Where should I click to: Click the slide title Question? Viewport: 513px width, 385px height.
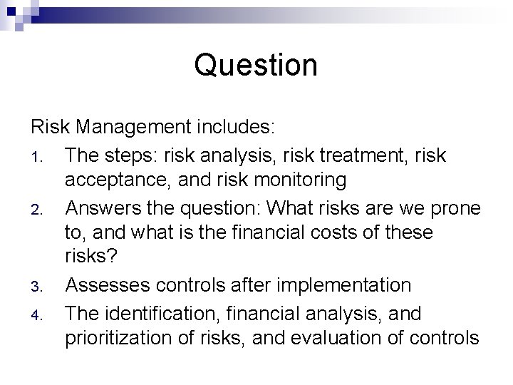256,66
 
